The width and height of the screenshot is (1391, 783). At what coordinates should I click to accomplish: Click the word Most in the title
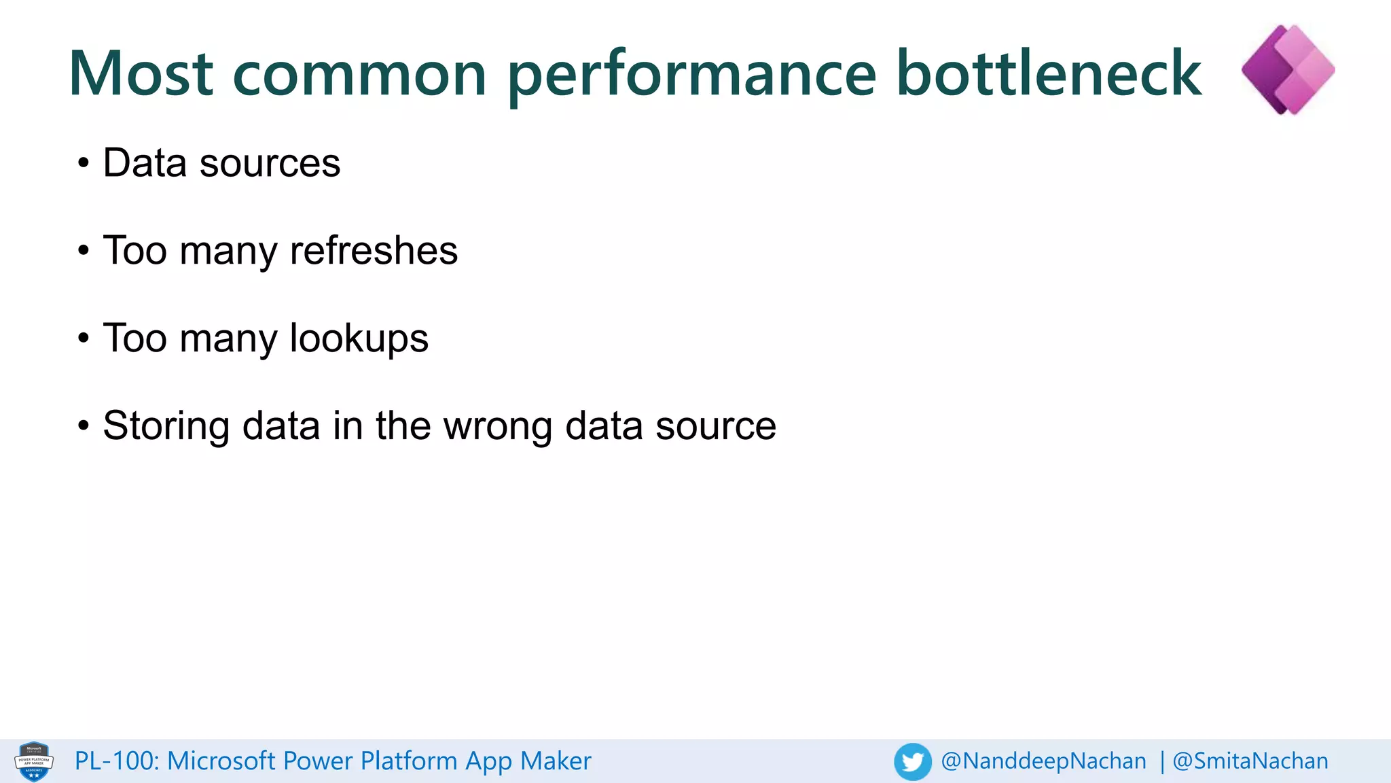[x=141, y=73]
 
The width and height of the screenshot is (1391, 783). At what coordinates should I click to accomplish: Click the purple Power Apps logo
[x=1288, y=69]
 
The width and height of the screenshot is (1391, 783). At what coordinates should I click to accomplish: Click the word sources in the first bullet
[x=270, y=164]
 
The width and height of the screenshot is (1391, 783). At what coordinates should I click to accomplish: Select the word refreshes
[x=374, y=250]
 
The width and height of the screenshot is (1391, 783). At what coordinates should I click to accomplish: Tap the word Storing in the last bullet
[x=166, y=427]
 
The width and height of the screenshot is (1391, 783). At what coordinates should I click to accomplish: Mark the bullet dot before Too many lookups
[x=83, y=338]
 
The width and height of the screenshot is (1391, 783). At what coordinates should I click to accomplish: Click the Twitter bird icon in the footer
[x=912, y=761]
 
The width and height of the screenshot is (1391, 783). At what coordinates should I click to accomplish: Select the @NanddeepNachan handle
[x=1043, y=761]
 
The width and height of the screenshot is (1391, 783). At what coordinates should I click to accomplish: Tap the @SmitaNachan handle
[x=1250, y=761]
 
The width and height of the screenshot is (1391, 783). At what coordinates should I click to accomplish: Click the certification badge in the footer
[x=34, y=761]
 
